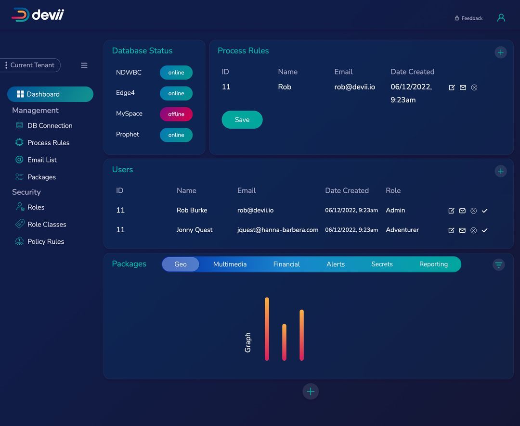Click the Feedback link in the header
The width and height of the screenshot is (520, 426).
point(468,18)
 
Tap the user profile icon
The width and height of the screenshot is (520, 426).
point(501,18)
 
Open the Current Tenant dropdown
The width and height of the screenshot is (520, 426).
point(30,65)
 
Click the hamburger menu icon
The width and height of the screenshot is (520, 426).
point(84,65)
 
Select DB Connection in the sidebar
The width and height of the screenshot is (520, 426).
point(50,125)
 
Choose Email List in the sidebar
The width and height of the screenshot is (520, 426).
point(42,160)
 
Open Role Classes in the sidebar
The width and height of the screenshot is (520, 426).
point(47,224)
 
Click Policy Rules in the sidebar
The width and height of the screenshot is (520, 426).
point(45,241)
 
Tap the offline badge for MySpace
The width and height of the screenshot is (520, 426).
point(176,114)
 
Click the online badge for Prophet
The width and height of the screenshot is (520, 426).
point(176,135)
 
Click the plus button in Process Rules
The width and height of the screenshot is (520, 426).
point(501,52)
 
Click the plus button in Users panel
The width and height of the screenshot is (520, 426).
point(501,171)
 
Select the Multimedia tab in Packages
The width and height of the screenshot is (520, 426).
point(230,264)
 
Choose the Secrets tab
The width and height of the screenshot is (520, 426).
point(382,264)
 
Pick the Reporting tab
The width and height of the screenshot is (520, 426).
point(433,264)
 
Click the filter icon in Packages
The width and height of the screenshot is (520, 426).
point(499,264)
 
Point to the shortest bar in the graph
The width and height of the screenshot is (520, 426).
point(284,342)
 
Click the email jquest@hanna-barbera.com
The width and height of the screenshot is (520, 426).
point(278,230)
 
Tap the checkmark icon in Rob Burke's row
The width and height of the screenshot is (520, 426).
point(485,211)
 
